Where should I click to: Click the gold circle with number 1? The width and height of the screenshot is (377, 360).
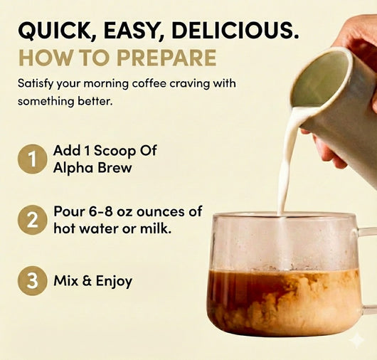click(31, 159)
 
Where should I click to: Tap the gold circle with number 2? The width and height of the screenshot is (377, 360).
click(31, 220)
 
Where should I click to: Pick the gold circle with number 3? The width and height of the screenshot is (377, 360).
click(31, 281)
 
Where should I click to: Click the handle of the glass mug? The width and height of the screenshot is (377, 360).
click(367, 270)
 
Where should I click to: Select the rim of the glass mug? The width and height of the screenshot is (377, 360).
click(285, 215)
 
